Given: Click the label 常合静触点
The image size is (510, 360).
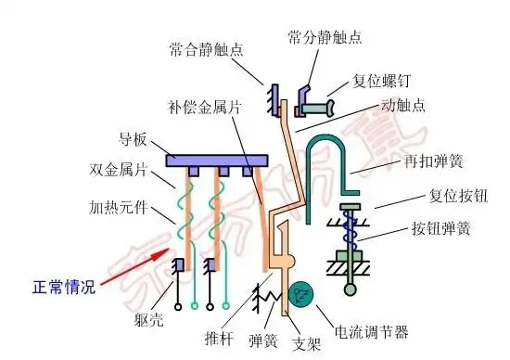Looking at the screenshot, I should point(207,47).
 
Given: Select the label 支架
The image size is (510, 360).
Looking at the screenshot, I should point(306,342).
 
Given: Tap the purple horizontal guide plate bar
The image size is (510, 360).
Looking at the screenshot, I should point(216,160).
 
